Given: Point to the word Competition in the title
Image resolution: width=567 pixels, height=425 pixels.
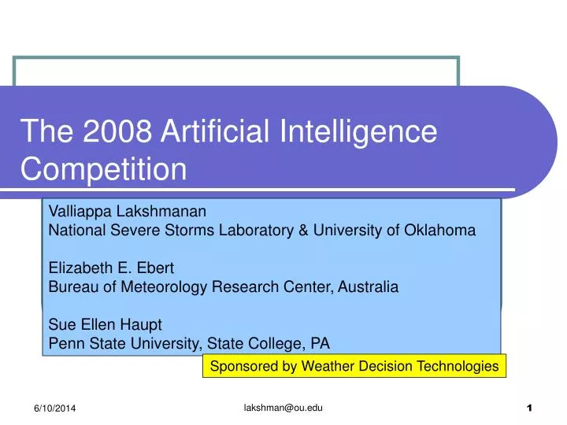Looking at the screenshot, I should (104, 169).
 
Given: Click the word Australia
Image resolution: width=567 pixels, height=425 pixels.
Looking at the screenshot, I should (369, 287).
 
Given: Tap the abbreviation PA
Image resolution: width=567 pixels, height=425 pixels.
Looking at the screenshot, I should (321, 343).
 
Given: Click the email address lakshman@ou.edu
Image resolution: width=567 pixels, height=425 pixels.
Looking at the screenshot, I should (283, 406).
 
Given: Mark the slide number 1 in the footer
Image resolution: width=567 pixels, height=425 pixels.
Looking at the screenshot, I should (529, 408).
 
